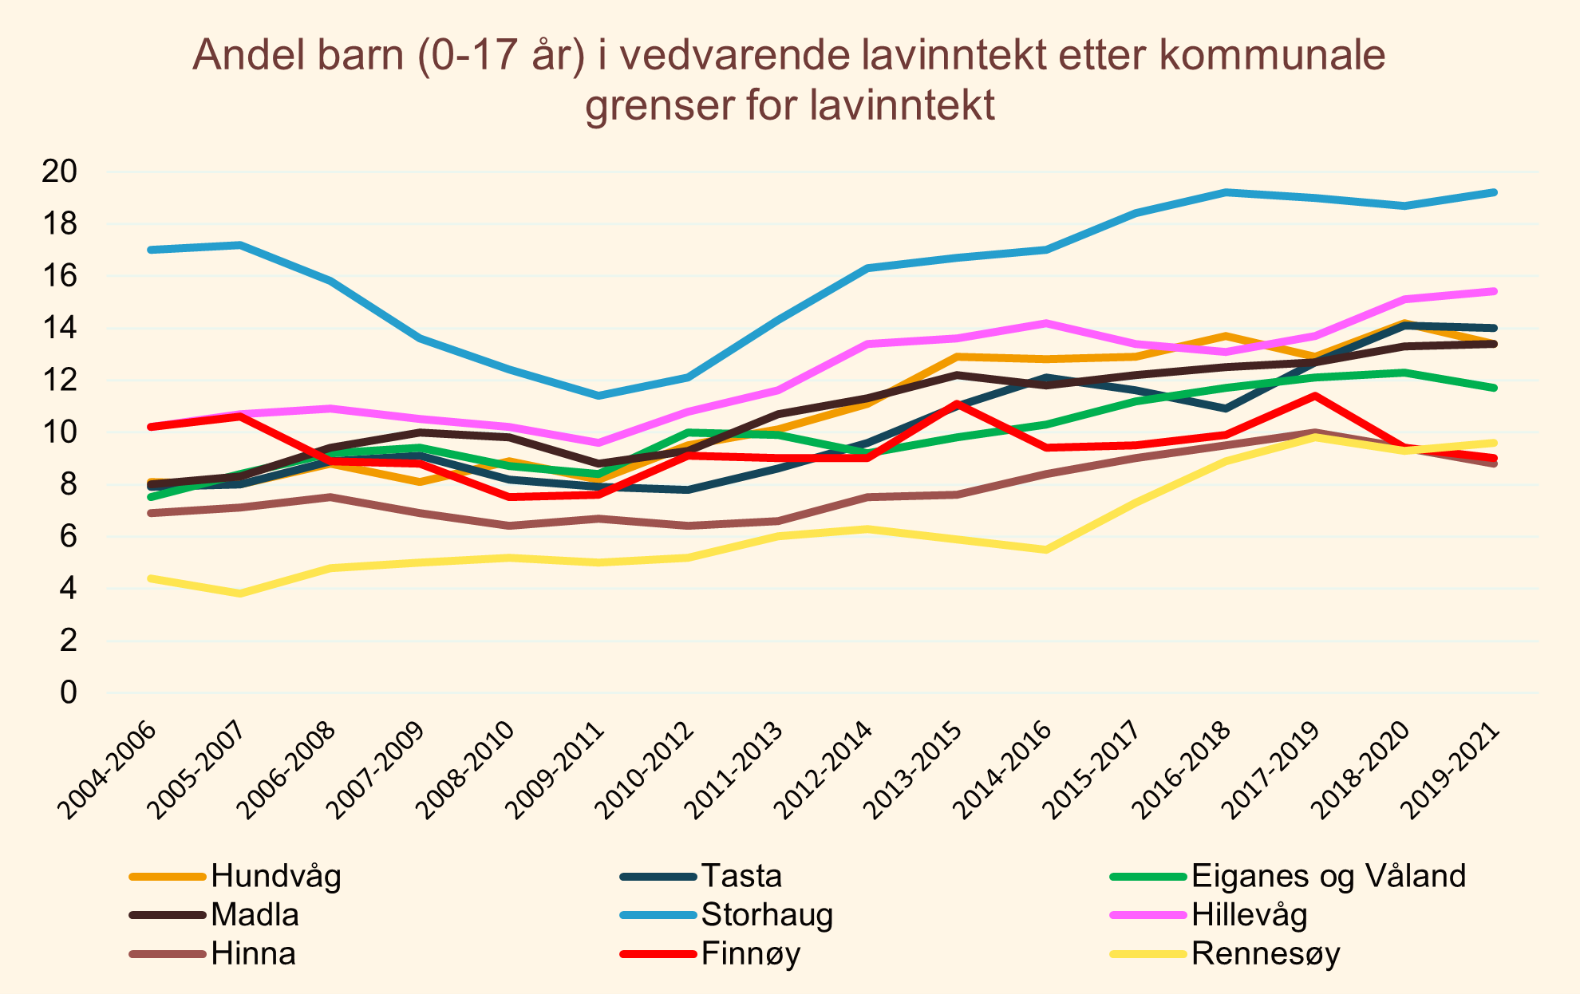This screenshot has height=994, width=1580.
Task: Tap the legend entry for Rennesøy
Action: tap(1266, 954)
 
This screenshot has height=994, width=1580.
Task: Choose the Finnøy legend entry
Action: tap(750, 954)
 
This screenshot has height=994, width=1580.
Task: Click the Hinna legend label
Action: tap(253, 954)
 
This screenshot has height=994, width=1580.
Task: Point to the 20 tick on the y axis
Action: tap(60, 172)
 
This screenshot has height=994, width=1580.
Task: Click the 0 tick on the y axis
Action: tap(69, 693)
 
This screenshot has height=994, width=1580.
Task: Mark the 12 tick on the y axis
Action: tap(60, 381)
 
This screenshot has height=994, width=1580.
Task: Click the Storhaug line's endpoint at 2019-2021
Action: tap(1494, 192)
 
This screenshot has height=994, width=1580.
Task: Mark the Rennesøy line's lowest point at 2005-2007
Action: tap(240, 594)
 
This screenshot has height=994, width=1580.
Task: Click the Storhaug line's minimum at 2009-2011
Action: tap(598, 396)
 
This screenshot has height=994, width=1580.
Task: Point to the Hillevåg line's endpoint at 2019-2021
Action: tap(1494, 291)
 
